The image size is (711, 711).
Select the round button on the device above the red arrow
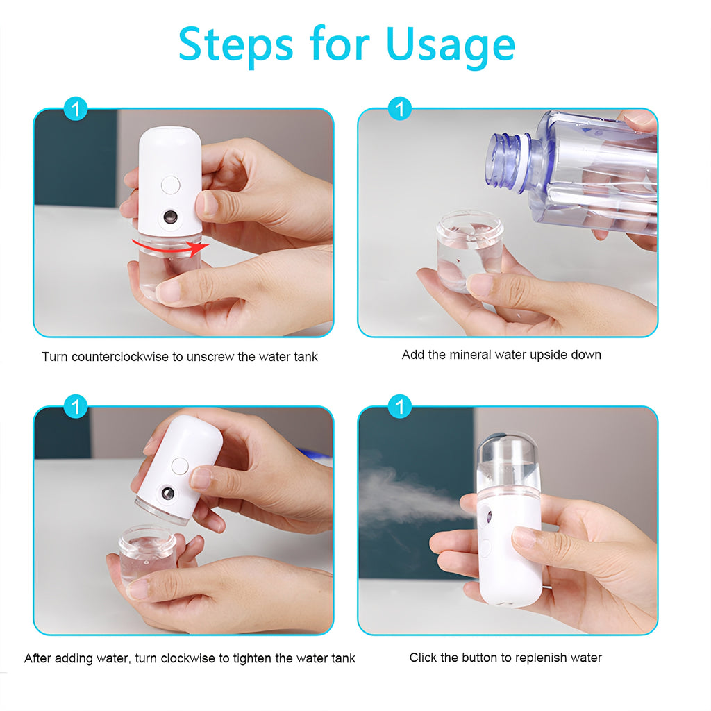(x=169, y=185)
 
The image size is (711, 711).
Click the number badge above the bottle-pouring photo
(x=399, y=108)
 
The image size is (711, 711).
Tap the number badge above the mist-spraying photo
(x=399, y=406)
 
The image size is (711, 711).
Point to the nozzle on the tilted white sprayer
(x=167, y=494)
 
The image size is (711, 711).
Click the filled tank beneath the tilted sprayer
(x=147, y=553)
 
